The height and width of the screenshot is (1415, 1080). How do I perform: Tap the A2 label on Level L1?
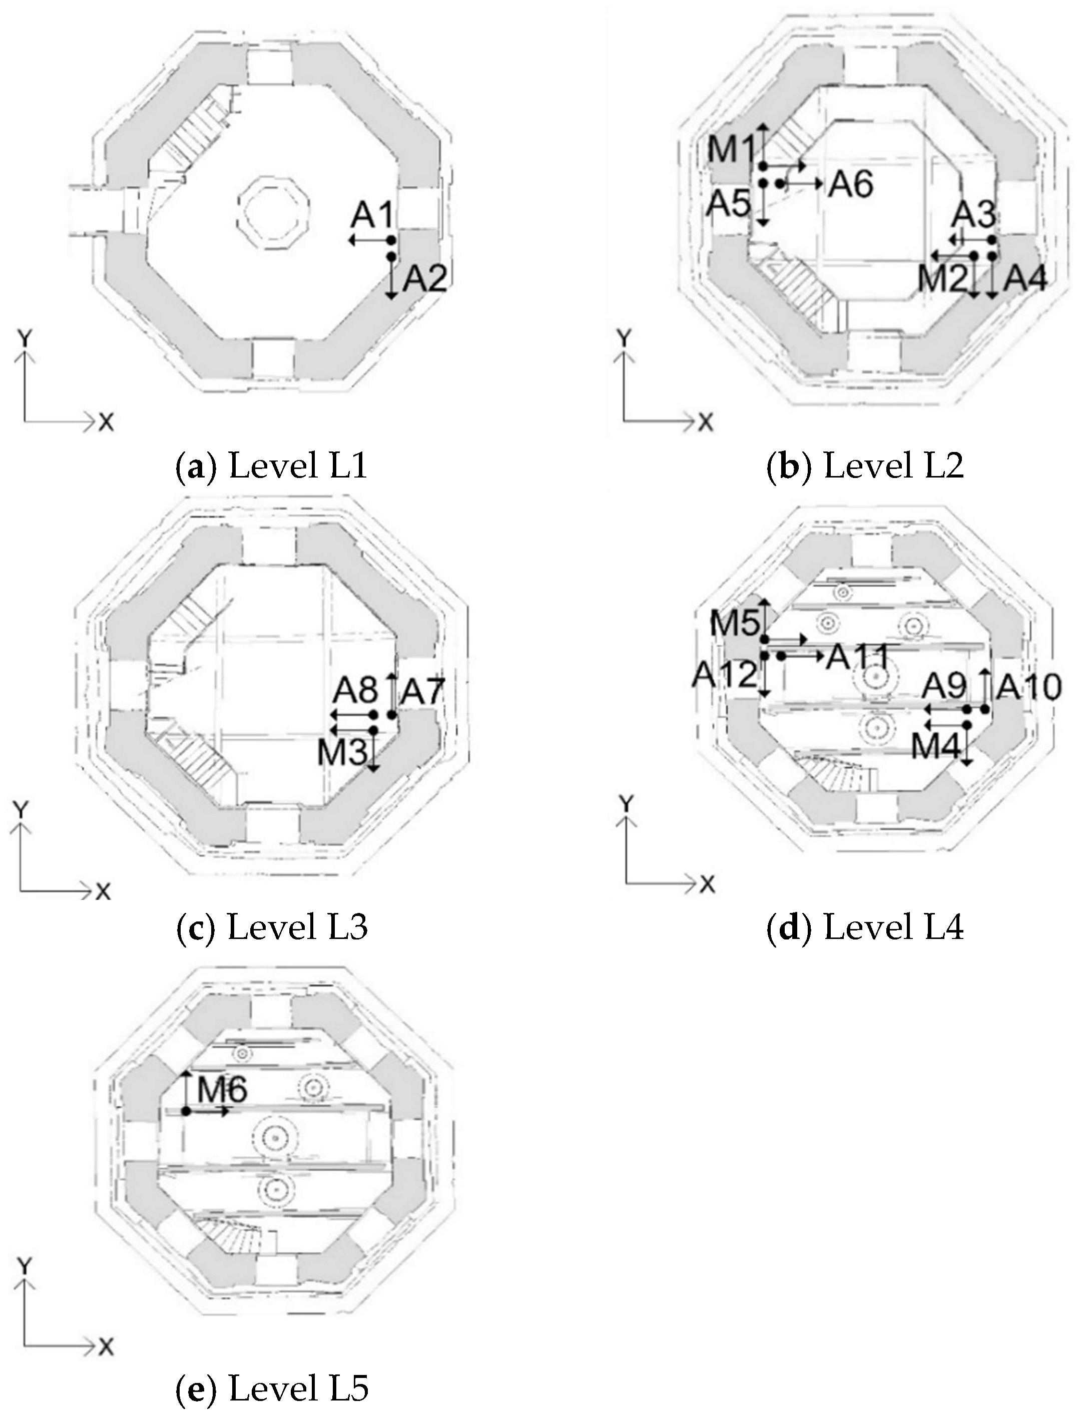pyautogui.click(x=424, y=279)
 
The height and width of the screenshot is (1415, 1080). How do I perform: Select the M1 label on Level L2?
pyautogui.click(x=731, y=150)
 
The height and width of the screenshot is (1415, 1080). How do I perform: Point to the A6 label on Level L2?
pyautogui.click(x=850, y=185)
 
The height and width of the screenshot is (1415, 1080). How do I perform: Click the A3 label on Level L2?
pyautogui.click(x=973, y=214)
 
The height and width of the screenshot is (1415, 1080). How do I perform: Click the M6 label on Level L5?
pyautogui.click(x=222, y=1090)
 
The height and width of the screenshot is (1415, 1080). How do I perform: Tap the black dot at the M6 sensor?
pyautogui.click(x=186, y=1110)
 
